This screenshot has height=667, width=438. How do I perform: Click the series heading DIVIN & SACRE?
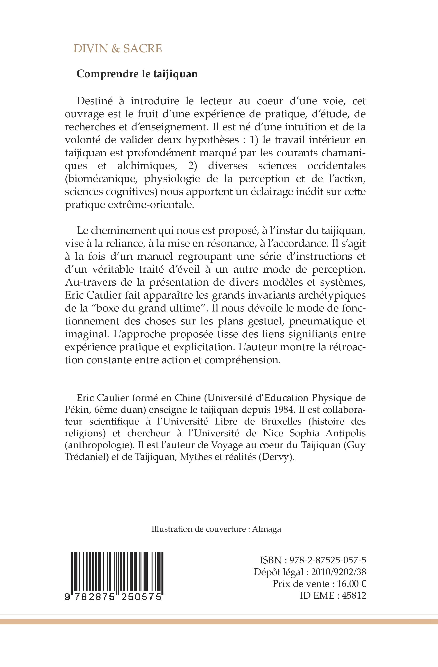click(x=117, y=49)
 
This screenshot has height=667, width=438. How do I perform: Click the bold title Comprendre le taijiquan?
click(x=137, y=74)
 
